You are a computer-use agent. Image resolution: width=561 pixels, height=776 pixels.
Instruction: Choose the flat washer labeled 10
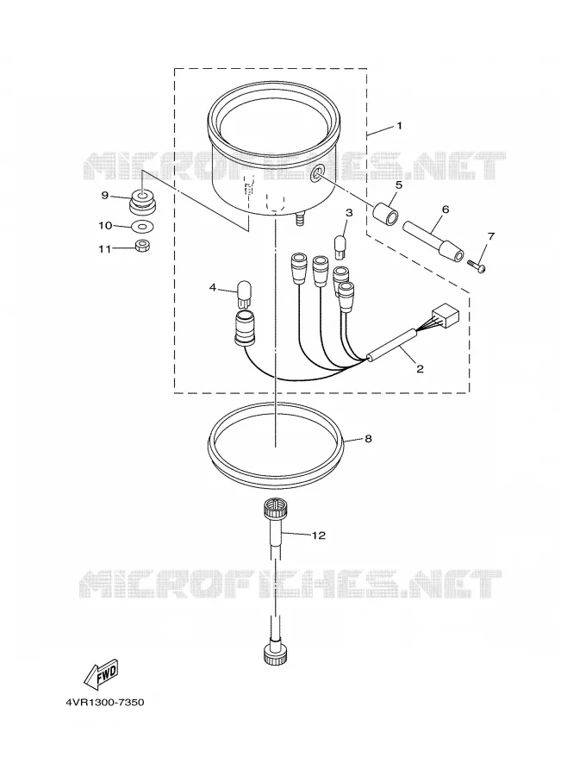point(142,227)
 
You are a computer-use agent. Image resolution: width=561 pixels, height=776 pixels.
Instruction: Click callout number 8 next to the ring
point(368,439)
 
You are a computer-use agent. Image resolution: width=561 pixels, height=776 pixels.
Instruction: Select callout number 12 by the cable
point(319,535)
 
